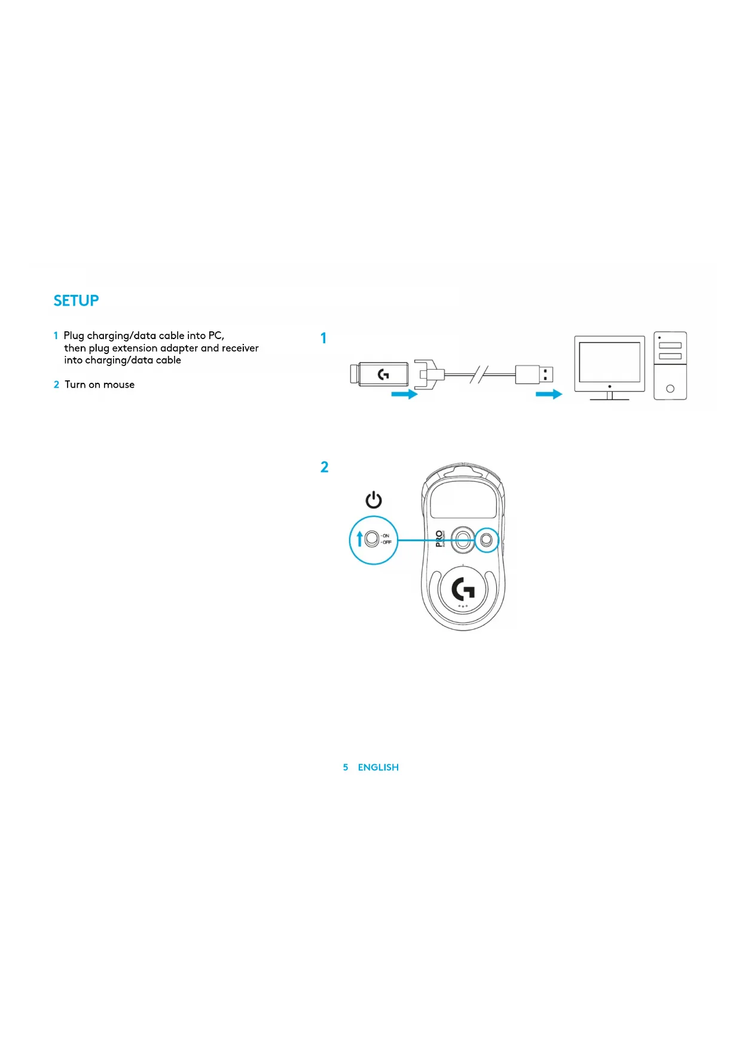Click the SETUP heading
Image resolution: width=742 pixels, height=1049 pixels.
[x=76, y=301]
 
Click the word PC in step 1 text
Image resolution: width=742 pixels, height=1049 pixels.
[x=215, y=336]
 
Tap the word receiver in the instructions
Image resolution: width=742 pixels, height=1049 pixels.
[x=240, y=348]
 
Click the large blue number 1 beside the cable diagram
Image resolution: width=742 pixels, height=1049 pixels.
[x=323, y=339]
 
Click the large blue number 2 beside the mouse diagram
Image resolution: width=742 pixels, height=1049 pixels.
[x=324, y=467]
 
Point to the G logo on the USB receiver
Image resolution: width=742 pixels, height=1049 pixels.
[x=383, y=374]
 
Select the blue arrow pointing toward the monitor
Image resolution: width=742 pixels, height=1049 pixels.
[x=549, y=394]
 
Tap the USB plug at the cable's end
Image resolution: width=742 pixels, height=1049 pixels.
[x=534, y=375]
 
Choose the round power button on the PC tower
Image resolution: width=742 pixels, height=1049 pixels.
[x=670, y=389]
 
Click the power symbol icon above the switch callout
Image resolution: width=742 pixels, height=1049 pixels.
[x=374, y=500]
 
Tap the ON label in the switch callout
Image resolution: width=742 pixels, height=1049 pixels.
[x=386, y=536]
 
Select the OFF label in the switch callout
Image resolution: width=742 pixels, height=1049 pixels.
[x=387, y=542]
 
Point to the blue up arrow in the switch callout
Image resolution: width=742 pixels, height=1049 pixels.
[x=359, y=539]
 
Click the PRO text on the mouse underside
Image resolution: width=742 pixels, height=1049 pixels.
[x=439, y=539]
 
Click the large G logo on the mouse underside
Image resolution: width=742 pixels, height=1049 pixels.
[x=463, y=590]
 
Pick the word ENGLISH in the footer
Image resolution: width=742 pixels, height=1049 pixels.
[x=378, y=767]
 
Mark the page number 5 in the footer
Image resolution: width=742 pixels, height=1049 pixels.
[x=346, y=767]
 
